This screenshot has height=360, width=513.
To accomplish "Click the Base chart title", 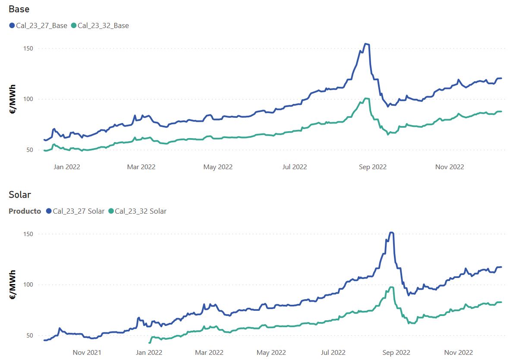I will pyautogui.click(x=19, y=9).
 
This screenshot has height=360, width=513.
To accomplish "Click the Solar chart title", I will pyautogui.click(x=20, y=195).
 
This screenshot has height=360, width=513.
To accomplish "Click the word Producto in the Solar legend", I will pyautogui.click(x=25, y=211).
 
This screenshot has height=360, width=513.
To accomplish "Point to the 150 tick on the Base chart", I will pyautogui.click(x=28, y=48).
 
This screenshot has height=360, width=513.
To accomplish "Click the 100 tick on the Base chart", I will pyautogui.click(x=28, y=99).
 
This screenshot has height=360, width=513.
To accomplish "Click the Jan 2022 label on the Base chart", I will pyautogui.click(x=67, y=167).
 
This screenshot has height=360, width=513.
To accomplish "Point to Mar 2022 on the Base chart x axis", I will pyautogui.click(x=142, y=167).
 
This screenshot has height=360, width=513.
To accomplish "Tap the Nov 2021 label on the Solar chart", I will pyautogui.click(x=87, y=352).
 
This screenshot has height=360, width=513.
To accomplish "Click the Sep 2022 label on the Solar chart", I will pyautogui.click(x=397, y=352).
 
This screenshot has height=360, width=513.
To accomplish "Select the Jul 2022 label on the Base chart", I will pyautogui.click(x=295, y=167).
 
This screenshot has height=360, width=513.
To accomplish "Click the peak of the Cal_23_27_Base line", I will pyautogui.click(x=366, y=44).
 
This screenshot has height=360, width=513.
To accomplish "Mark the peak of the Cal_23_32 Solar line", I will pyautogui.click(x=391, y=287).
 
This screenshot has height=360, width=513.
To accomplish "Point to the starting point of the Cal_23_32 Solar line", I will pyautogui.click(x=149, y=343).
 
